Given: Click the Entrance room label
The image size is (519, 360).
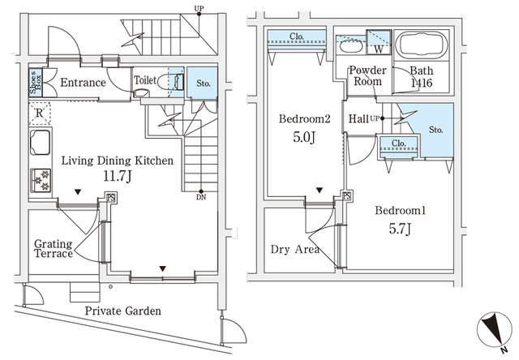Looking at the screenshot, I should tap(83, 83).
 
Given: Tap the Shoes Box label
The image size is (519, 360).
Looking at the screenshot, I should tap(36, 83).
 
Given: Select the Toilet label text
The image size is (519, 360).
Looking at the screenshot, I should tap(144, 81).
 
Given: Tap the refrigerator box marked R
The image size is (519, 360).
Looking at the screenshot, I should tap(39, 114).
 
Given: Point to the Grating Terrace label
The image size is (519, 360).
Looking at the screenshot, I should tap(53, 248).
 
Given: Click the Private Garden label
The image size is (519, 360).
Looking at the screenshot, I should tap(124, 311).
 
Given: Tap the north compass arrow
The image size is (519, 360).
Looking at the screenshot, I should tap(491, 328).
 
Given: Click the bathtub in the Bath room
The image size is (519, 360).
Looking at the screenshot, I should tap(421, 45).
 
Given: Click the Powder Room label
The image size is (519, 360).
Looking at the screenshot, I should tap(367, 77).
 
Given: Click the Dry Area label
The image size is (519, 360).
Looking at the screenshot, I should tap(295, 249).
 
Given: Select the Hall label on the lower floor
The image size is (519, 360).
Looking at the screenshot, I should tap(358, 120).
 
